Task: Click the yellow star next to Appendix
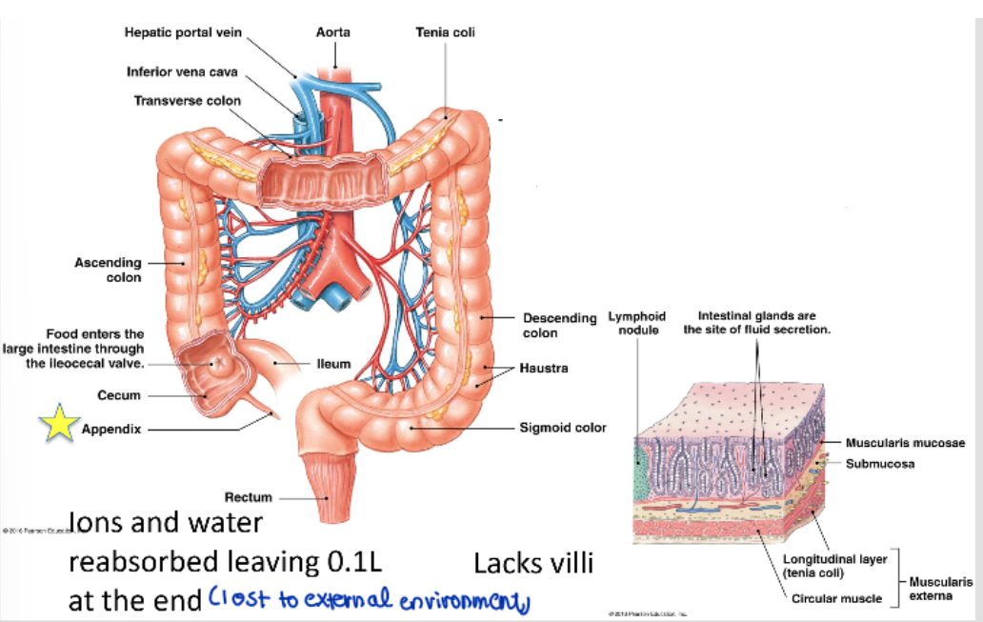pyautogui.click(x=59, y=423)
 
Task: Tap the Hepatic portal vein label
pyautogui.click(x=184, y=32)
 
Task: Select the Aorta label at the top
pyautogui.click(x=332, y=32)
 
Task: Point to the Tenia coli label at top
pyautogui.click(x=445, y=32)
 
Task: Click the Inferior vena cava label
pyautogui.click(x=182, y=71)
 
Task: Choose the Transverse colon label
pyautogui.click(x=187, y=100)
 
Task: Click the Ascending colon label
pyautogui.click(x=108, y=270)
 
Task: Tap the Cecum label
pyautogui.click(x=119, y=395)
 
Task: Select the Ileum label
pyautogui.click(x=333, y=363)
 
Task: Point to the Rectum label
pyautogui.click(x=248, y=496)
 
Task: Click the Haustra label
pyautogui.click(x=543, y=368)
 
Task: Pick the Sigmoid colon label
pyautogui.click(x=562, y=428)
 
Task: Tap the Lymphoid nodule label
pyautogui.click(x=637, y=323)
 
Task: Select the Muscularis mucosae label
pyautogui.click(x=904, y=443)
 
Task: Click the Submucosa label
pyautogui.click(x=879, y=464)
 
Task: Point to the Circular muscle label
pyautogui.click(x=836, y=598)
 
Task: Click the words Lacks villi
pyautogui.click(x=532, y=564)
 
